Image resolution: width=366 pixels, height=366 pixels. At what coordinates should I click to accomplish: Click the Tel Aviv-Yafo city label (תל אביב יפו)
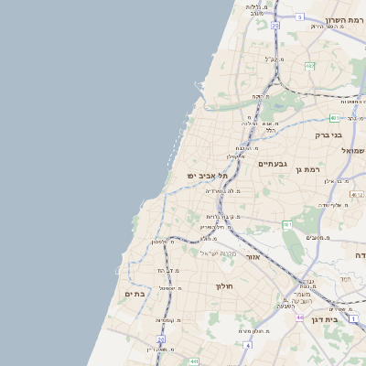click(x=208, y=175)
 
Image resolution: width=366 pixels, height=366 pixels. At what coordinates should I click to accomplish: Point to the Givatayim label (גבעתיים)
click(x=273, y=165)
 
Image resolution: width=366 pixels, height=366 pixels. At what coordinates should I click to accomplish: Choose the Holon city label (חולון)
click(x=225, y=285)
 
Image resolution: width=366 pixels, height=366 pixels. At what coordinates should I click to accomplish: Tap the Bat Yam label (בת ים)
click(x=135, y=294)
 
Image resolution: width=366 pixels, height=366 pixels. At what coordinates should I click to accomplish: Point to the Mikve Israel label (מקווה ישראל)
click(x=218, y=252)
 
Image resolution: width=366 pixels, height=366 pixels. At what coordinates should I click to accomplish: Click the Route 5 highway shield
click(x=298, y=16)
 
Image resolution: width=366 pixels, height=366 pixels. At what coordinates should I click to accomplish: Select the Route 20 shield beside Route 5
click(x=274, y=26)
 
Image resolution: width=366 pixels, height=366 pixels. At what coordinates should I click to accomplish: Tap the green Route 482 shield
click(x=310, y=66)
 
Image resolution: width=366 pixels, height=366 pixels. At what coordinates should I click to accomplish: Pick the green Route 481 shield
click(x=335, y=117)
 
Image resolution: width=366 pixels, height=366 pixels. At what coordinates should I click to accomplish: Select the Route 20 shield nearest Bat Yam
click(x=160, y=339)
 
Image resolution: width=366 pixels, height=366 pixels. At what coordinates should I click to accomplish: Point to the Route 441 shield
click(x=195, y=362)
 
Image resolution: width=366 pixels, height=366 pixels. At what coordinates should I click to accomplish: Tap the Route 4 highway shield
click(x=247, y=346)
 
